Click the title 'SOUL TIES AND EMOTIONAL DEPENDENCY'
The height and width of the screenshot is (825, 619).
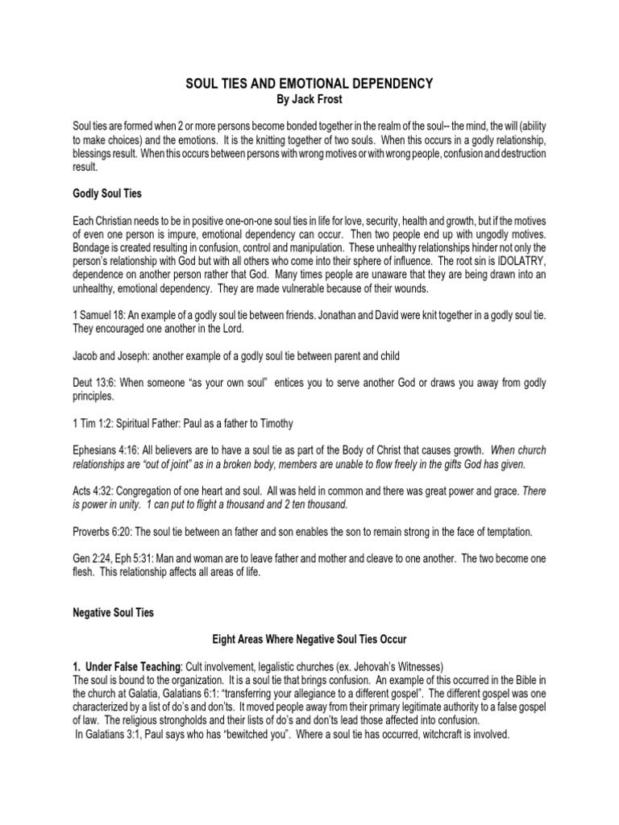pyautogui.click(x=309, y=83)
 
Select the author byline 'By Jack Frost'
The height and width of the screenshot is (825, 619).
pyautogui.click(x=309, y=98)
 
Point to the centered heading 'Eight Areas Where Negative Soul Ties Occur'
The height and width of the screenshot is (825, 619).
pyautogui.click(x=309, y=639)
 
